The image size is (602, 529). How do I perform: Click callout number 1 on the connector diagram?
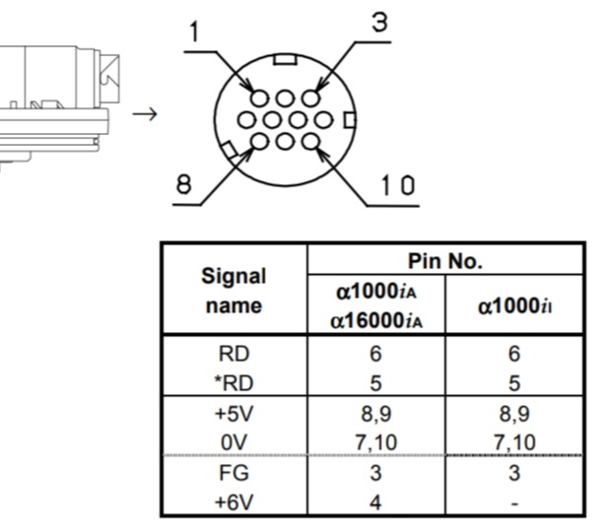195,32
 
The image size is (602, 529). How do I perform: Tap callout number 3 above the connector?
380,22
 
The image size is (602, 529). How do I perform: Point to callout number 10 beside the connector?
398,185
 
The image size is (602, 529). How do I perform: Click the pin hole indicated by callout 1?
259,99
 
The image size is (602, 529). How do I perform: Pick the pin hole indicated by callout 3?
310,99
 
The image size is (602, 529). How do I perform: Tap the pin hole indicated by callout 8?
259,142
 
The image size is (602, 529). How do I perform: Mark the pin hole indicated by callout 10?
310,142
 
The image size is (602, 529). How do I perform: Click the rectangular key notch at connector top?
285,59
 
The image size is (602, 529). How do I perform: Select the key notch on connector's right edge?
350,120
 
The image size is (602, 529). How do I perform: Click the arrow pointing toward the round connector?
145,114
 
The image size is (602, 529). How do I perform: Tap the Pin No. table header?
445,261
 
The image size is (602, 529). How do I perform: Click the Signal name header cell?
234,291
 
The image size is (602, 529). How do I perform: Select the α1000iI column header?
514,306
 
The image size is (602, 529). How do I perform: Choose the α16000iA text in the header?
376,320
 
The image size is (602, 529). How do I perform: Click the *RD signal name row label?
234,383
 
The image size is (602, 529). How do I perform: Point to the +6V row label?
234,501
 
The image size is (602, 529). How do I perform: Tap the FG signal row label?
234,472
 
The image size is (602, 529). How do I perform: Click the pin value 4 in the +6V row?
375,502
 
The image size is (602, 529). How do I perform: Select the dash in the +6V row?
515,503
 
